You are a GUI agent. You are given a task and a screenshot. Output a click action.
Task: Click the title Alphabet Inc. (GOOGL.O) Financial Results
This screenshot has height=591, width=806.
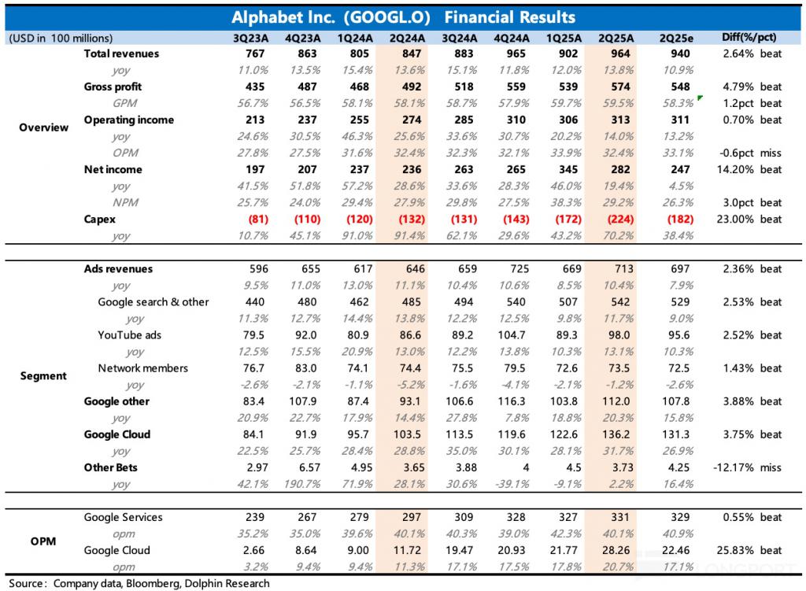click(403, 17)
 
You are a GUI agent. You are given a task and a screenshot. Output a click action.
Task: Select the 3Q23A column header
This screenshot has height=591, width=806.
click(249, 38)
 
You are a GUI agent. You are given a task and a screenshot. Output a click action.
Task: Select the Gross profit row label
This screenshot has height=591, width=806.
click(113, 87)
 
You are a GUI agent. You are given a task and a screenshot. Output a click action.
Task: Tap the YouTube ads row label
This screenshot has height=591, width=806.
click(129, 335)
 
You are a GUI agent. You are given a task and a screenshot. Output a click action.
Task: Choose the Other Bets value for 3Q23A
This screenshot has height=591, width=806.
click(249, 467)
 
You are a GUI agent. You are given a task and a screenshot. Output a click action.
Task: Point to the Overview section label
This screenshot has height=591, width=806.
click(43, 127)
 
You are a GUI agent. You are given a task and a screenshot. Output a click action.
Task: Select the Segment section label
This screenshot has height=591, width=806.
click(43, 376)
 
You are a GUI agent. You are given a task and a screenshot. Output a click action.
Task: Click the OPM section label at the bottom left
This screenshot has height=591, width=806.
click(43, 541)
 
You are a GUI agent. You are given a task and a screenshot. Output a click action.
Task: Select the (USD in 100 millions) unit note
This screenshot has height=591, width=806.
click(60, 38)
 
